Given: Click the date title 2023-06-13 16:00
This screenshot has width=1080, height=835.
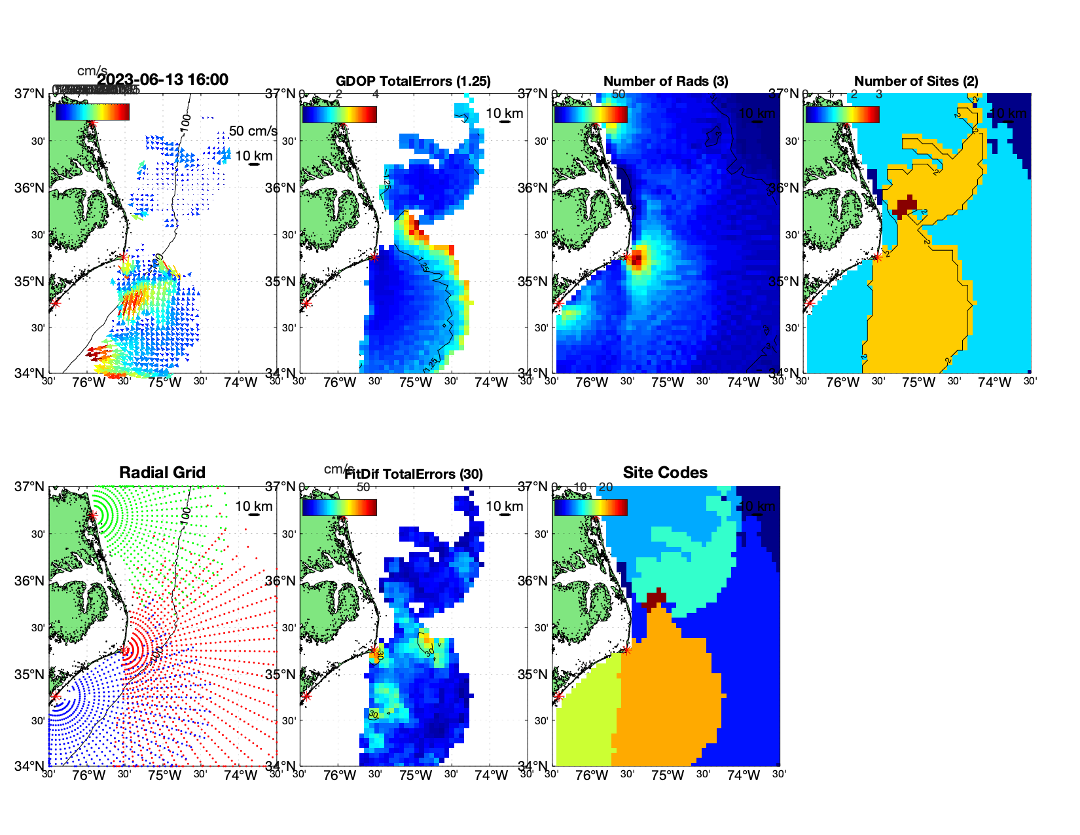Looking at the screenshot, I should click(x=162, y=80).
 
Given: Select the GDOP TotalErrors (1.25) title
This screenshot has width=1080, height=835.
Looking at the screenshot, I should click(x=413, y=81).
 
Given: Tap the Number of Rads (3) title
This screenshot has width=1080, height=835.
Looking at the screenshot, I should click(x=665, y=81).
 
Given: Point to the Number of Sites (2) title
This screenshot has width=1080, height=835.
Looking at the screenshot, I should click(x=916, y=81).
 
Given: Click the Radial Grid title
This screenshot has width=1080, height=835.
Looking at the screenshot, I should click(x=162, y=473).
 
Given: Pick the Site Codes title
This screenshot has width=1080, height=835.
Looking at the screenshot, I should click(x=665, y=473).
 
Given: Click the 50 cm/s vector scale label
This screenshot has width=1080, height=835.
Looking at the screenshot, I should click(x=253, y=131).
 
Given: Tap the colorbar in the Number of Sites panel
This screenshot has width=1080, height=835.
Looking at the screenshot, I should click(x=842, y=114).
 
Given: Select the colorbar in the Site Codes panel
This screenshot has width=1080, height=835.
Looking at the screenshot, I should click(x=590, y=507).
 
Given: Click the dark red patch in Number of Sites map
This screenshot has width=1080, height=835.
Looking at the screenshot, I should click(x=906, y=206).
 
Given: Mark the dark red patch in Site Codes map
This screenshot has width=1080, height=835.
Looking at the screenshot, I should click(x=655, y=599).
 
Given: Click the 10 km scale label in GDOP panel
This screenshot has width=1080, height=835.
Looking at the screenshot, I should click(x=504, y=113).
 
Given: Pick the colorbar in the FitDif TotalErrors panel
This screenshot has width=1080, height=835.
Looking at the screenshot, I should click(x=339, y=507).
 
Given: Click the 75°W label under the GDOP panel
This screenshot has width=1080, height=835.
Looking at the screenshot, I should click(x=415, y=382).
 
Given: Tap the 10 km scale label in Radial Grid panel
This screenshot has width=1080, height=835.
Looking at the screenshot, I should click(x=253, y=506).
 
